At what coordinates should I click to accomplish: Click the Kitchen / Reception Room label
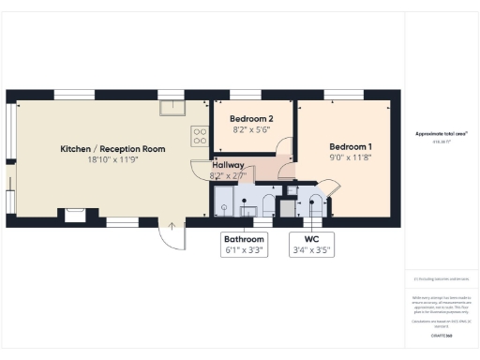112,149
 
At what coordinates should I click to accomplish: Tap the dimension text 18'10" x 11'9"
112,160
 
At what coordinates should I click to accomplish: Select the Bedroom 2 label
252,119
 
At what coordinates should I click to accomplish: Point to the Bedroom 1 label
350,147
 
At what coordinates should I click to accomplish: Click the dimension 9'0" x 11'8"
350,159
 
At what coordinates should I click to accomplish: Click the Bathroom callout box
244,245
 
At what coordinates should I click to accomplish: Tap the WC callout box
310,245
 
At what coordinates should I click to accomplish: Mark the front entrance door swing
170,235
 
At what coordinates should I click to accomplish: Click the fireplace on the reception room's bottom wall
75,215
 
